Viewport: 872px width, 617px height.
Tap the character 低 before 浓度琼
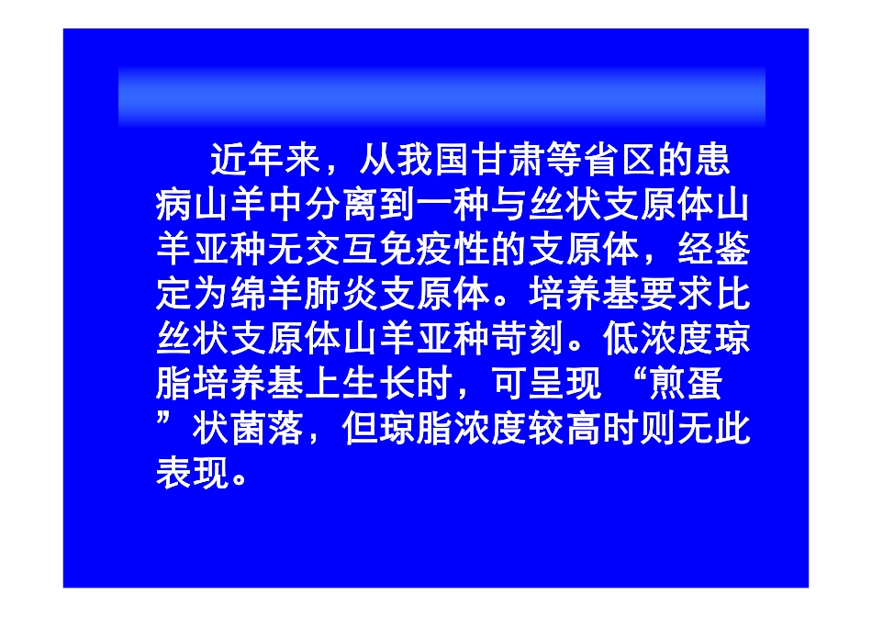(x=622, y=340)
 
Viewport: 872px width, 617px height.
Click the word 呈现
(x=567, y=385)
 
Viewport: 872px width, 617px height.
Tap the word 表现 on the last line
(x=193, y=475)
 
